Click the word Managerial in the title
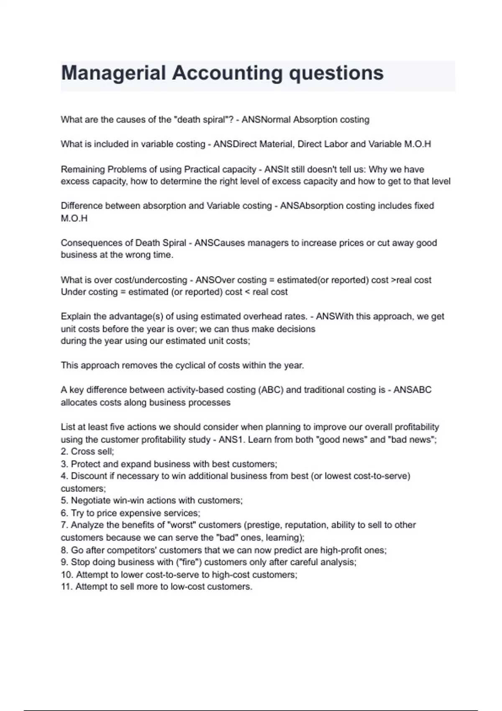(x=113, y=73)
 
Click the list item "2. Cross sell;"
(x=87, y=452)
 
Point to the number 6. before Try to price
(x=64, y=513)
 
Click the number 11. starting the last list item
(x=67, y=587)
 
